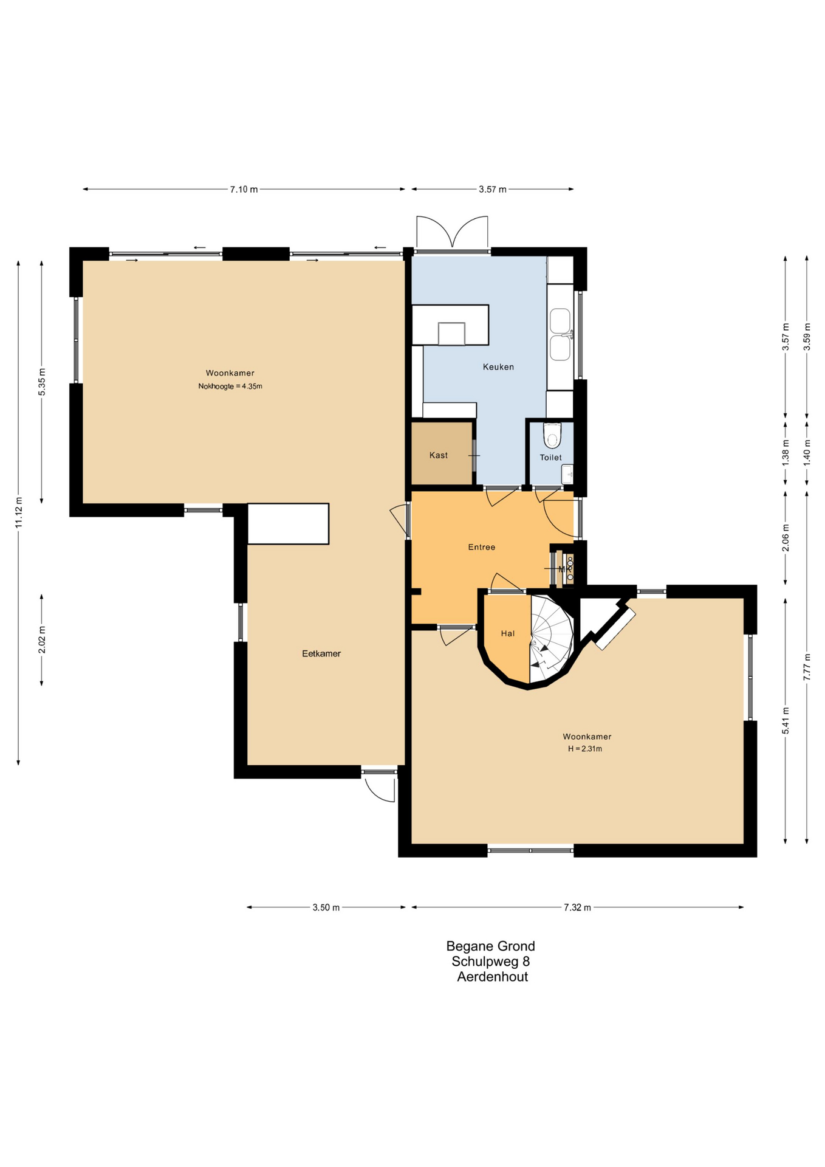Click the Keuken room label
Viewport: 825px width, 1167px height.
click(x=498, y=367)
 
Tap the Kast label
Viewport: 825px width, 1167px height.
click(x=438, y=455)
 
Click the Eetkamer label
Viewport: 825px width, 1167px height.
click(x=321, y=654)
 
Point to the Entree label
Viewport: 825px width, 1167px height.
click(x=481, y=548)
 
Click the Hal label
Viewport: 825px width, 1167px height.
click(x=508, y=633)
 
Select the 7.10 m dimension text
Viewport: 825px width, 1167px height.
click(x=244, y=190)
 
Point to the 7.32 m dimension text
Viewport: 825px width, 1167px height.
click(x=577, y=908)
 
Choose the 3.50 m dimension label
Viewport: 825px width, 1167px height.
click(x=326, y=908)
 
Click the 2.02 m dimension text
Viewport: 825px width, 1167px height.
click(x=42, y=640)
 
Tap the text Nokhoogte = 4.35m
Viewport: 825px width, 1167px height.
click(x=230, y=387)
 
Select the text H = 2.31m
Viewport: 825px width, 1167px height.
click(x=585, y=749)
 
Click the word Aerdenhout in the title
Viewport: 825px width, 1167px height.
click(x=493, y=977)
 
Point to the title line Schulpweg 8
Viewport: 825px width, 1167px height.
click(x=491, y=962)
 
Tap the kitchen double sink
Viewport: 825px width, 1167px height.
click(x=560, y=334)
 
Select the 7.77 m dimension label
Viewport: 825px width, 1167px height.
click(x=807, y=667)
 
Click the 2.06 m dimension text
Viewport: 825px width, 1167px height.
click(x=786, y=538)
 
